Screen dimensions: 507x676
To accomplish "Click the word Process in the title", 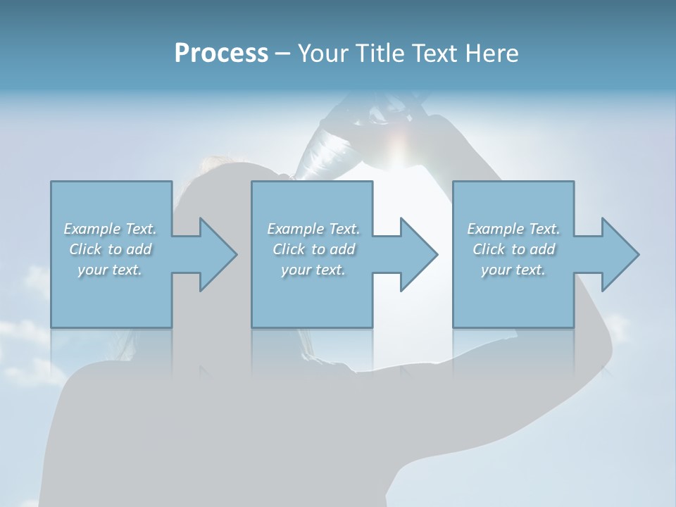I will pyautogui.click(x=221, y=54).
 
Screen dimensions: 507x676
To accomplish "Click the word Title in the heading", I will pyautogui.click(x=379, y=54).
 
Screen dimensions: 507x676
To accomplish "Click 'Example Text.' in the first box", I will pyautogui.click(x=110, y=229).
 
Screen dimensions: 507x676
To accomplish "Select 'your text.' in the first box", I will pyautogui.click(x=110, y=270).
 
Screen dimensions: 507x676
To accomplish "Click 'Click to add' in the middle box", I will pyautogui.click(x=313, y=249).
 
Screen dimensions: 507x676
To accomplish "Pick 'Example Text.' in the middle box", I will pyautogui.click(x=313, y=229).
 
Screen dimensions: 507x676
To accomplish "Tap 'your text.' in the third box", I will pyautogui.click(x=513, y=270).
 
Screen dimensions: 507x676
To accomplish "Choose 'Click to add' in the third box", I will pyautogui.click(x=513, y=249).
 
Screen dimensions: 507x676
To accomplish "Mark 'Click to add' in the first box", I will pyautogui.click(x=110, y=249).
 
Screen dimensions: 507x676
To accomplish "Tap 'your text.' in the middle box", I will pyautogui.click(x=313, y=270).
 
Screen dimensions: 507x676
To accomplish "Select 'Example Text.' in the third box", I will pyautogui.click(x=513, y=229).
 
